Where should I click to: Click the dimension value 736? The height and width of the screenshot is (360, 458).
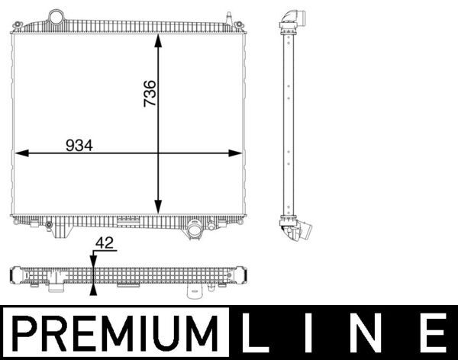(150, 93)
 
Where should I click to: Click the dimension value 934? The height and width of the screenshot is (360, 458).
(79, 145)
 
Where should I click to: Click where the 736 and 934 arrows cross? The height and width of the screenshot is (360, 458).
(159, 153)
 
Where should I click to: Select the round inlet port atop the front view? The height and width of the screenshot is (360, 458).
(56, 16)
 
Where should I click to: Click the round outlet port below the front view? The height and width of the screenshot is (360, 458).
(194, 228)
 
